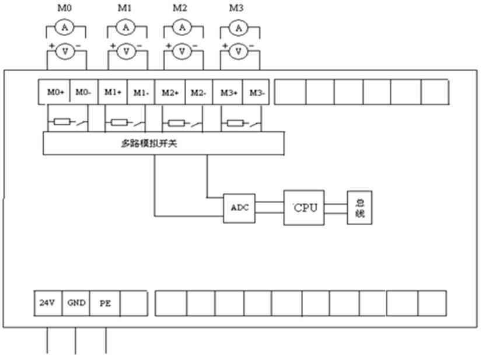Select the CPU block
(x=304, y=208)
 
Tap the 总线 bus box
(x=359, y=207)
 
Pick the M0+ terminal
(x=55, y=92)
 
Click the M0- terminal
(x=84, y=92)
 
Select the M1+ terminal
(x=113, y=92)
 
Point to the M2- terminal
(x=199, y=92)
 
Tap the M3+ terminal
(x=228, y=92)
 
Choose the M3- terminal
(x=256, y=92)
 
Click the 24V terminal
(x=47, y=303)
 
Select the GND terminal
(x=76, y=303)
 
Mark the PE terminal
(x=104, y=303)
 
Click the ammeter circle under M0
(x=65, y=27)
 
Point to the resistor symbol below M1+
(x=119, y=123)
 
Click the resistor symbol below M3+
(x=235, y=123)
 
